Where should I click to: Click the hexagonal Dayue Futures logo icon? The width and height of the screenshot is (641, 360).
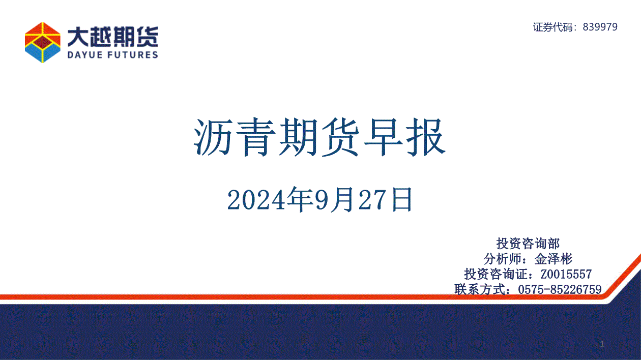[43, 43]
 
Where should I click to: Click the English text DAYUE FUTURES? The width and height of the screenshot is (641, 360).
[113, 54]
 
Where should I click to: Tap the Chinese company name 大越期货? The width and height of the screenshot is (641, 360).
[113, 37]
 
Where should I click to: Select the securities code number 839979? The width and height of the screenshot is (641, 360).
[600, 27]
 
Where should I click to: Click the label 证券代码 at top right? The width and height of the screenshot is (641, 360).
[553, 27]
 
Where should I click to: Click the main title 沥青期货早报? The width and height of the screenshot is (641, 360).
[319, 138]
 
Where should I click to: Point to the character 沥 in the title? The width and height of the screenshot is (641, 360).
[213, 138]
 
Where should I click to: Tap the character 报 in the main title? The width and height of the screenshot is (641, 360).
[426, 138]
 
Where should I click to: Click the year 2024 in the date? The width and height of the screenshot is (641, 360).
[256, 200]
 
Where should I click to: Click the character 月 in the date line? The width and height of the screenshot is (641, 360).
[342, 200]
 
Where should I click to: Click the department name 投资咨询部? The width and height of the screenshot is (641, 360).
[528, 244]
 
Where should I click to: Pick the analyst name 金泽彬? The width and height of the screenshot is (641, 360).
[553, 259]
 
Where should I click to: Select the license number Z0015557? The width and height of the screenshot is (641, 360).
[566, 274]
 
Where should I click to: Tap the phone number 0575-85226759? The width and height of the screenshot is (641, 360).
[560, 289]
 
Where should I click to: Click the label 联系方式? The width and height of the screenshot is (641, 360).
[480, 289]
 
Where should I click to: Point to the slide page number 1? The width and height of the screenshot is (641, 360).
[602, 344]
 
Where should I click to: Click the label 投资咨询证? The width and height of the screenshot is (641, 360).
[496, 274]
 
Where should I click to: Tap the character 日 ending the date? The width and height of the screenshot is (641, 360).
[402, 200]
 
